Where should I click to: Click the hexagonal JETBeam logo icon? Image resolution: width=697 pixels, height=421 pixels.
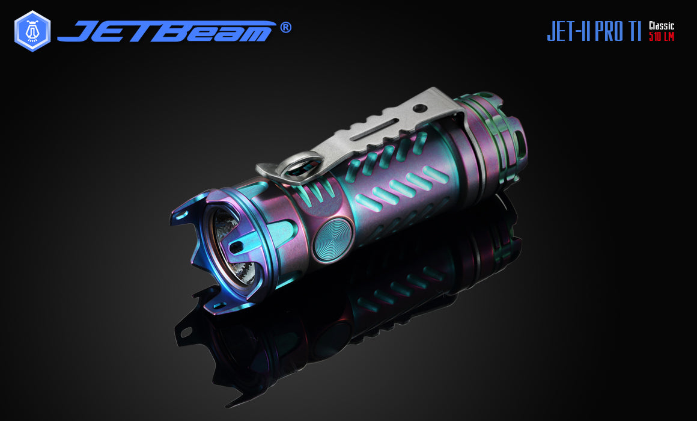coord(32,31)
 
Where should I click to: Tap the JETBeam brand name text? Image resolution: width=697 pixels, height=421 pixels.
coord(166,31)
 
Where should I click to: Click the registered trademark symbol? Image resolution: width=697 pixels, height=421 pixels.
coord(286,28)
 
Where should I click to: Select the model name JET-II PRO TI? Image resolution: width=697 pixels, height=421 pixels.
coord(594,31)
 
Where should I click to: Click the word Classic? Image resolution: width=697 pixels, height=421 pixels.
coord(662,26)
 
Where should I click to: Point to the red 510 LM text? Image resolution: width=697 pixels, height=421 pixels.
coord(662,37)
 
